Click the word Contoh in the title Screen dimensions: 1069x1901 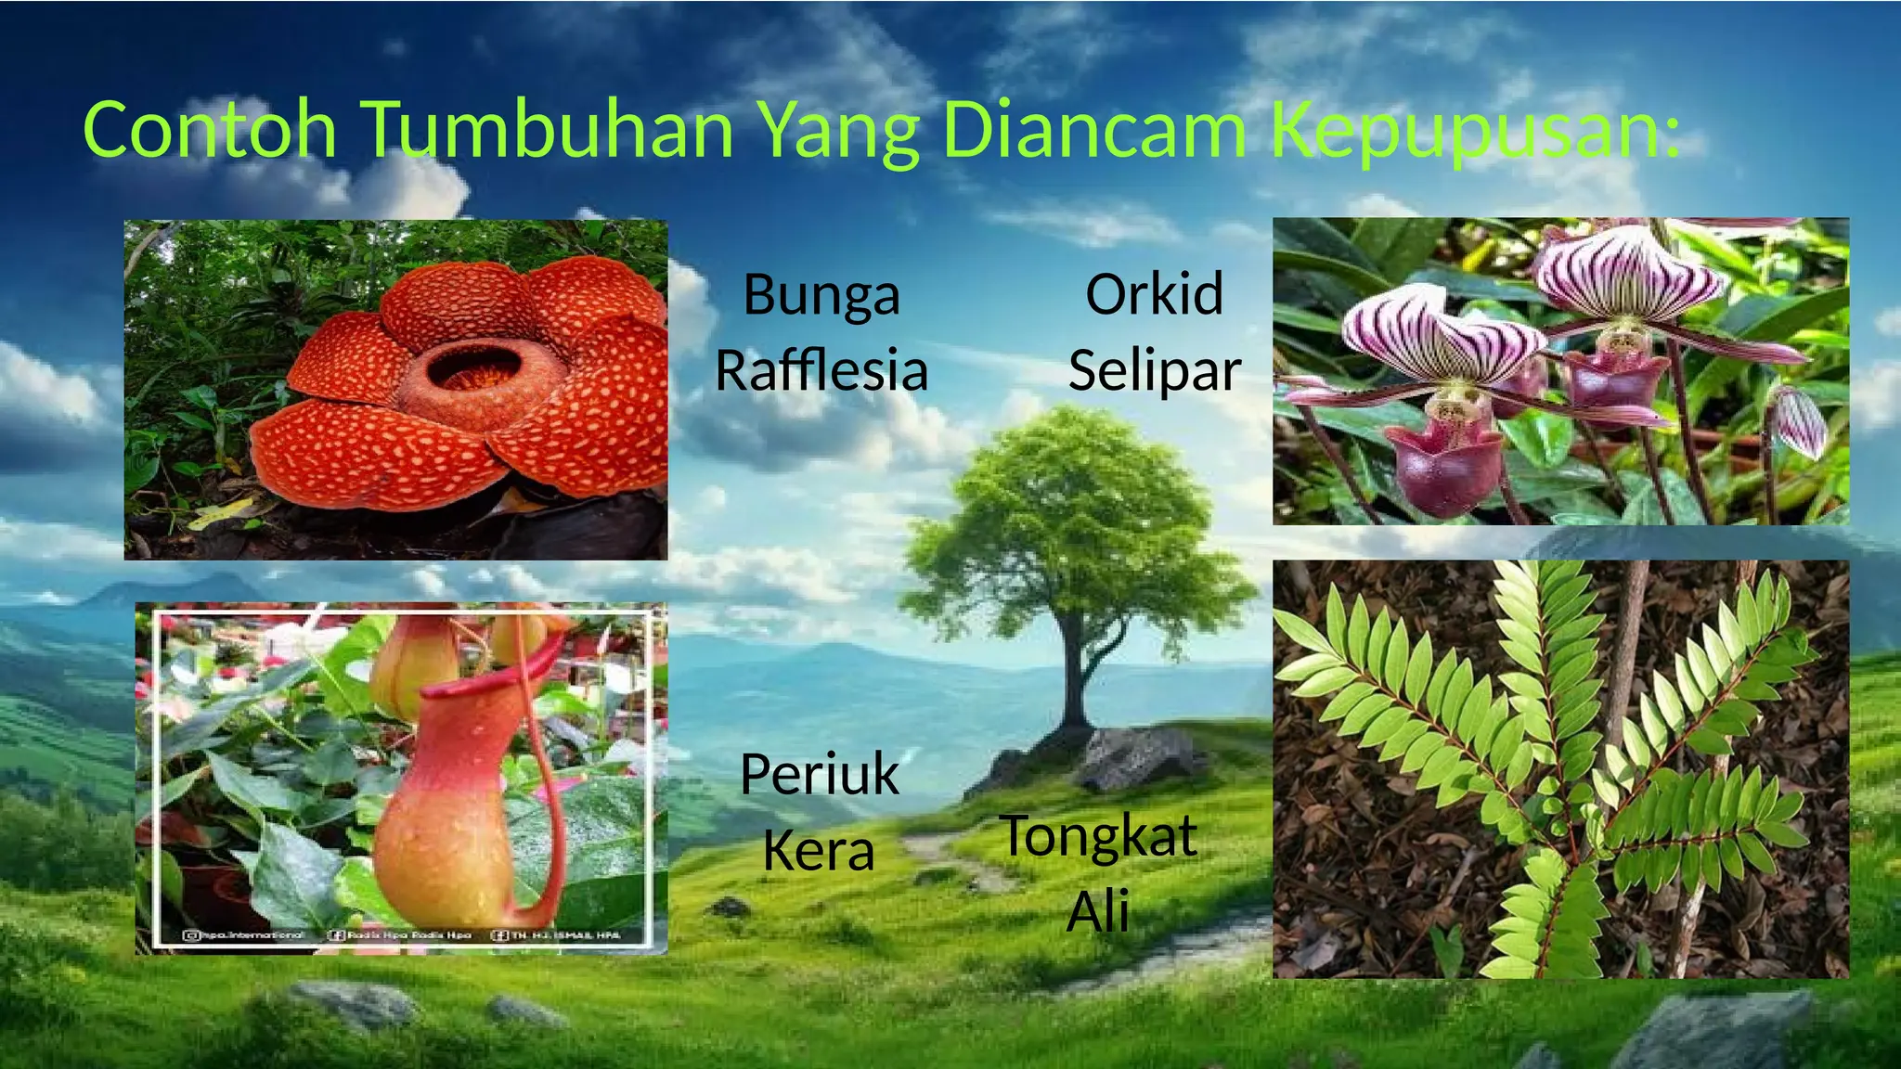(x=210, y=130)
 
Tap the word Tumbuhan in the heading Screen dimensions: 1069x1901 (x=548, y=130)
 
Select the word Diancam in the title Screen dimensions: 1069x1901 (x=1093, y=130)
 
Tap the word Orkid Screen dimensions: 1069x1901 (x=1154, y=294)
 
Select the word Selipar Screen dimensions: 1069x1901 (x=1154, y=371)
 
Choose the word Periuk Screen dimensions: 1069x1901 (x=820, y=775)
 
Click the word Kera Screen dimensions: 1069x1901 (x=819, y=850)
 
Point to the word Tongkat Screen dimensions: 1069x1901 (x=1098, y=836)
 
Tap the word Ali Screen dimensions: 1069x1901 (x=1098, y=911)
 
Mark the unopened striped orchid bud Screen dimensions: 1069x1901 (x=1802, y=423)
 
